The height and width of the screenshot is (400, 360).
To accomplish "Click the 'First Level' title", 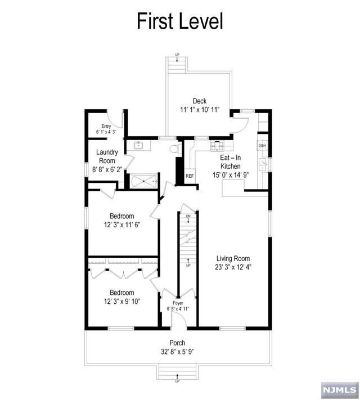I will [x=180, y=21].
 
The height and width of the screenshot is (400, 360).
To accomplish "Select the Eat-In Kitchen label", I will [x=231, y=163].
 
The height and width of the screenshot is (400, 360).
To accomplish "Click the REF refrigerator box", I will [x=190, y=176].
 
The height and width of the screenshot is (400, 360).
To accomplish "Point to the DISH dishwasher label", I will [x=262, y=146].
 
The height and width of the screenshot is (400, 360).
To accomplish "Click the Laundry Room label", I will [x=107, y=156].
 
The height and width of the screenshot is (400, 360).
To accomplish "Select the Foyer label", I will [x=178, y=303].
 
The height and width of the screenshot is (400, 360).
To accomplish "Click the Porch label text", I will [x=177, y=343].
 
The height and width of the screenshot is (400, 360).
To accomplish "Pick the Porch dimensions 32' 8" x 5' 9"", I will [x=177, y=352].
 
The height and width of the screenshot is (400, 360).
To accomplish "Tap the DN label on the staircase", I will [x=188, y=216].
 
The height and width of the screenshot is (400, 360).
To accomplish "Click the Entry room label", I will [x=106, y=127].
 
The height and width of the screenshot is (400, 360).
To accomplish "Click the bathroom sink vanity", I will [x=139, y=146].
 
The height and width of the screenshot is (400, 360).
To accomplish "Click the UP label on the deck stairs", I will [x=177, y=55].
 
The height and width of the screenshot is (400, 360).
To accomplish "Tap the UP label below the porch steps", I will [x=177, y=381].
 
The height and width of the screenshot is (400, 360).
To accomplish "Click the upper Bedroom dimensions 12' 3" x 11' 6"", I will [x=121, y=224].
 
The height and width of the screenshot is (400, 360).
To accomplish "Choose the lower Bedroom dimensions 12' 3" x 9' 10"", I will [x=121, y=301].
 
